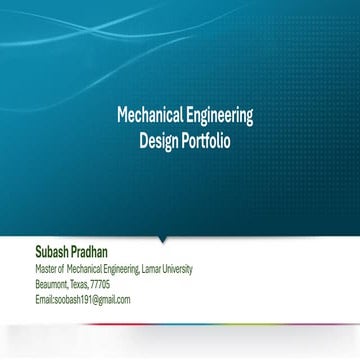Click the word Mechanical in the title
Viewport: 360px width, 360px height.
coord(148,115)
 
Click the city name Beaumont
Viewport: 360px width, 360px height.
coord(52,284)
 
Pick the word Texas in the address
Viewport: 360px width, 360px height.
coord(82,284)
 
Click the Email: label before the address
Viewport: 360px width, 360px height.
coord(45,299)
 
